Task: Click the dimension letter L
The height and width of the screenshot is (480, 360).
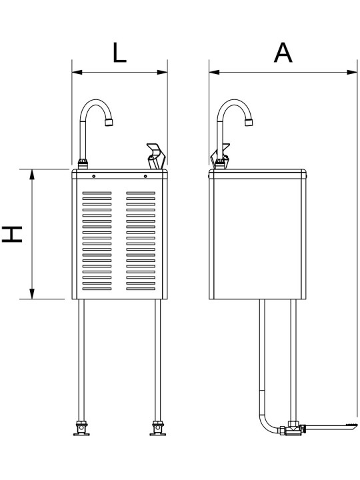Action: tap(119, 53)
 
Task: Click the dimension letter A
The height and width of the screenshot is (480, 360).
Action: tap(283, 53)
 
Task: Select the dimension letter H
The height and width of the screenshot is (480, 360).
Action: tap(12, 234)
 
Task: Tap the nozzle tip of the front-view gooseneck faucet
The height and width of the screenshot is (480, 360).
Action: tap(109, 123)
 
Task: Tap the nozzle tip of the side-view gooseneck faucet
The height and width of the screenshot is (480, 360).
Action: tap(249, 123)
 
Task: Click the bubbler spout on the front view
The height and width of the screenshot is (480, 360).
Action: tap(156, 156)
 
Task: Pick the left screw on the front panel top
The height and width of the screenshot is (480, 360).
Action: tap(94, 176)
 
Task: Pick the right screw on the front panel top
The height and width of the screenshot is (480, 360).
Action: tap(145, 176)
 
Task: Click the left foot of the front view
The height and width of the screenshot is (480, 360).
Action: tap(82, 429)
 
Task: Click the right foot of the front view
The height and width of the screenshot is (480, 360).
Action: tap(157, 429)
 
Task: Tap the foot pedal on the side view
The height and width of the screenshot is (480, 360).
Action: tap(331, 427)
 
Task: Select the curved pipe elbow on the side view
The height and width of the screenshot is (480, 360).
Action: tap(267, 424)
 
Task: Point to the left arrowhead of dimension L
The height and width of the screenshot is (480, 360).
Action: tap(77, 72)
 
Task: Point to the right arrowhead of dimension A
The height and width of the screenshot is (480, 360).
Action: tap(352, 72)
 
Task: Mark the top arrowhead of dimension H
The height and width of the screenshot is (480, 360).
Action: tap(32, 174)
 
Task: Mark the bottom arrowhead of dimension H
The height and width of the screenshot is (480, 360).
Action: tap(32, 294)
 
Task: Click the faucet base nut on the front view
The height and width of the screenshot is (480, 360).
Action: tap(83, 164)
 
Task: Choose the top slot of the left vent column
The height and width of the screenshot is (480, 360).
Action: tap(97, 193)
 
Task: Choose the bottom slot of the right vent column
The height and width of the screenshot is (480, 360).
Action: tap(141, 289)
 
